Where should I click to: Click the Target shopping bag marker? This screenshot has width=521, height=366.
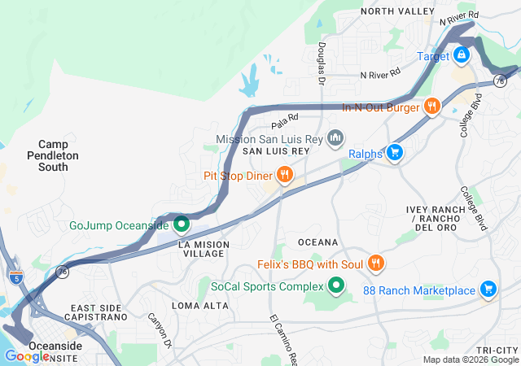click(461, 55)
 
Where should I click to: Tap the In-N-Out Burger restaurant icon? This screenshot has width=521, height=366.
click(431, 106)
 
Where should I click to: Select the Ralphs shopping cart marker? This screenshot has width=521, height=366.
click(395, 152)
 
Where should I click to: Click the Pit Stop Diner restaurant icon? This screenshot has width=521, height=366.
click(284, 174)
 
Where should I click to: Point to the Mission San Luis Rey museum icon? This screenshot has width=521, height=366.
click(334, 139)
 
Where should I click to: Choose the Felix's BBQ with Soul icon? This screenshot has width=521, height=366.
click(375, 264)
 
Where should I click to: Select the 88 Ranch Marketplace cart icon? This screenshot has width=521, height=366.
click(488, 290)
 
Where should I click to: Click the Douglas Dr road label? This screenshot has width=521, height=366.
click(322, 65)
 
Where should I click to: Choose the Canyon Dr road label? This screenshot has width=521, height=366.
click(161, 332)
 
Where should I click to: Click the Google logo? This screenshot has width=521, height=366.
click(27, 355)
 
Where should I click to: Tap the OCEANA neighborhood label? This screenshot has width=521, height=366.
click(317, 242)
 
